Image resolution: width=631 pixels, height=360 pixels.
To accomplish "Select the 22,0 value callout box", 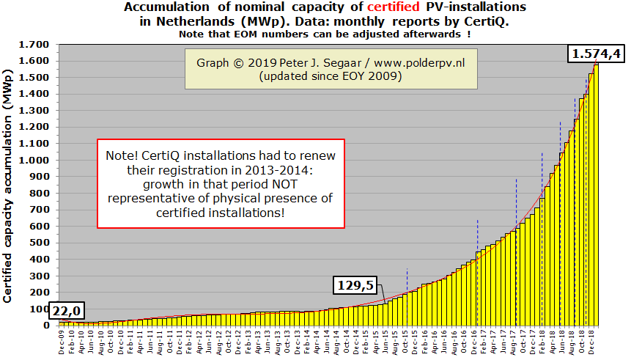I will coord(66,311).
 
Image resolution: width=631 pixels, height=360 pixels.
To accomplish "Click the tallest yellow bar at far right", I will coord(595,195).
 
